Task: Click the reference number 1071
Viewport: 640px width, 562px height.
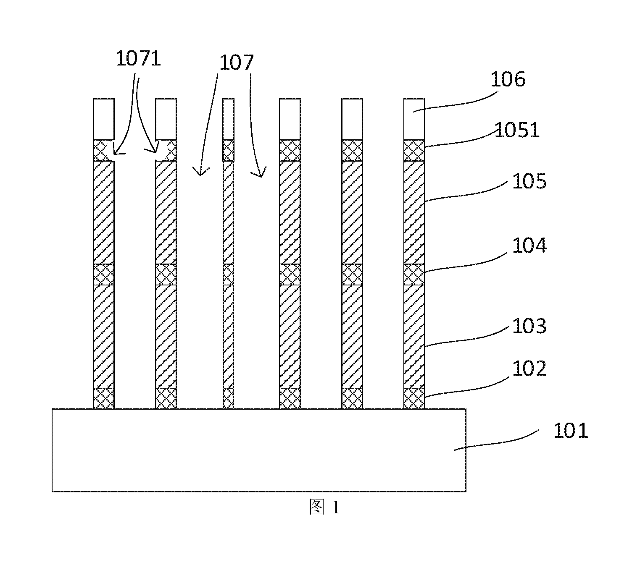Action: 138,59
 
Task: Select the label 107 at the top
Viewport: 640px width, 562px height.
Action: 236,63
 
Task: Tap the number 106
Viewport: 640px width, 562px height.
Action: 508,79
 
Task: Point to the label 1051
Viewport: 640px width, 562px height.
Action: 517,130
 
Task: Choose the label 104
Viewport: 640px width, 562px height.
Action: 529,246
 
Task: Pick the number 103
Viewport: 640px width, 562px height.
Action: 529,326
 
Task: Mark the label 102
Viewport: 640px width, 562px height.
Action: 529,368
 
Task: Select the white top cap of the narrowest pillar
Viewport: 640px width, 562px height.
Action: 228,119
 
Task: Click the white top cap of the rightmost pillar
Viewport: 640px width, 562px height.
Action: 414,119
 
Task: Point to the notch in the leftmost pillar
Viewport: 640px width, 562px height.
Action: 110,151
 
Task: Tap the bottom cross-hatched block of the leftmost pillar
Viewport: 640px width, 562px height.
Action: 104,398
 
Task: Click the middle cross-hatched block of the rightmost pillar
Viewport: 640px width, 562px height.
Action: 414,274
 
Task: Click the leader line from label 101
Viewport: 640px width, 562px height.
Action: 496,440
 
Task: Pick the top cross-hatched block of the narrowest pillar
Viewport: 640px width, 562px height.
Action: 228,151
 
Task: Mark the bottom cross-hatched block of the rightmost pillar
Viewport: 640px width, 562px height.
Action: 414,398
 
